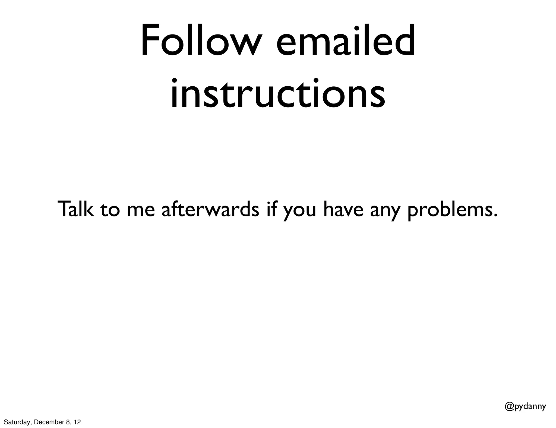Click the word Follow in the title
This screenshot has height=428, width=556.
(201, 41)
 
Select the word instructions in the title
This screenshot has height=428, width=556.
(277, 94)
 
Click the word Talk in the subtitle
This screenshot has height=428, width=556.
(76, 209)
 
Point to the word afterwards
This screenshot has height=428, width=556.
(210, 209)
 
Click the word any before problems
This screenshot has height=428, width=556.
(385, 211)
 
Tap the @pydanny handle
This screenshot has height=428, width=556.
(525, 407)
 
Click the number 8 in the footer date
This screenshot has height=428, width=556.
(68, 422)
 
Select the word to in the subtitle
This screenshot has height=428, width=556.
(110, 210)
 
